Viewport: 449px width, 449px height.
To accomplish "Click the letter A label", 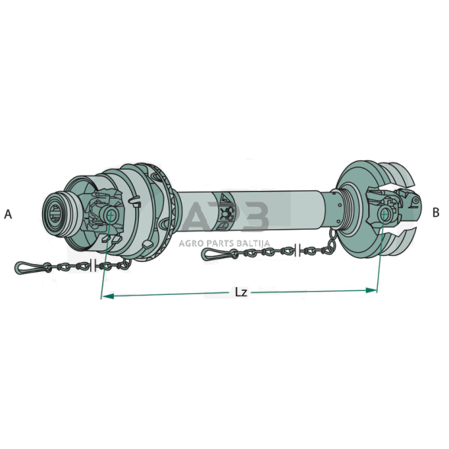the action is point(8,214).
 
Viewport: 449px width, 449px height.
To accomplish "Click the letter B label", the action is point(435,213).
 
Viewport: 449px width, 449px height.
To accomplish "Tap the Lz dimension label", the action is point(241,292).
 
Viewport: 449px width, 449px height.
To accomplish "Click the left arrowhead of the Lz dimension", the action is point(108,296).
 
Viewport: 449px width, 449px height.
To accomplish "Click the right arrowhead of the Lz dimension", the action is point(371,290).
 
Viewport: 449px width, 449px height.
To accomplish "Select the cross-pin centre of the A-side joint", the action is point(111,215).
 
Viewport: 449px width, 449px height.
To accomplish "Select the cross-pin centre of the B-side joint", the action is point(384,213).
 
